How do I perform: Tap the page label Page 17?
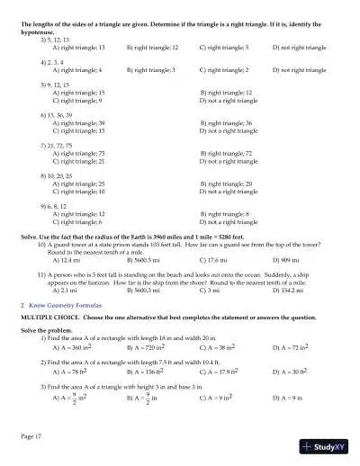31,436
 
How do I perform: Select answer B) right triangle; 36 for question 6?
227,122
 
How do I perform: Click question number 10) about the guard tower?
41,245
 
